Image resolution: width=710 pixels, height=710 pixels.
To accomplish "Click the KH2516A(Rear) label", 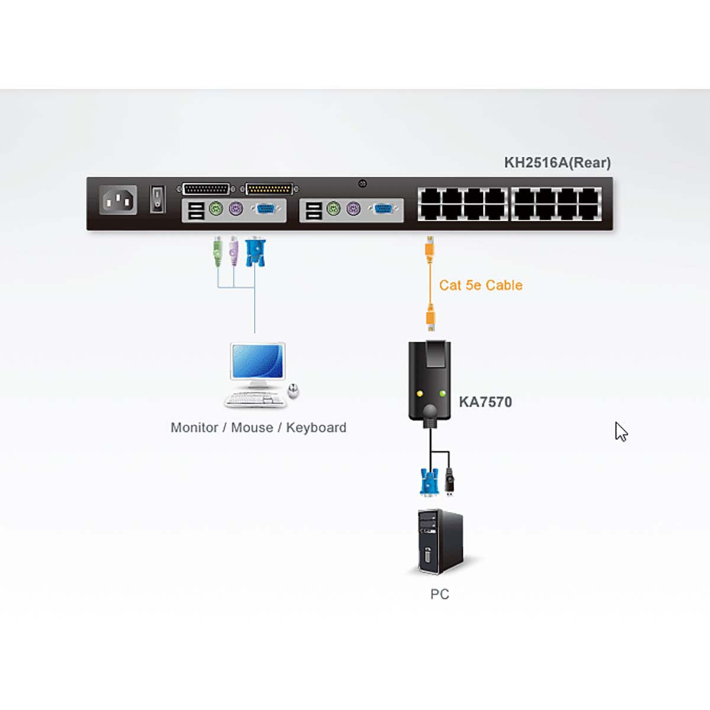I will click(x=557, y=163).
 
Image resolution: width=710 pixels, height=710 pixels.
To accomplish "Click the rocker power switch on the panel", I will click(x=157, y=199).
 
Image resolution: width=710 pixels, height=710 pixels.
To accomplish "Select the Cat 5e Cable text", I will click(x=480, y=285).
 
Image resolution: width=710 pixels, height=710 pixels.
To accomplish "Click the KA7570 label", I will click(x=485, y=402).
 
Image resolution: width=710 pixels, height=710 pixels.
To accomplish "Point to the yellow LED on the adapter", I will click(x=419, y=392).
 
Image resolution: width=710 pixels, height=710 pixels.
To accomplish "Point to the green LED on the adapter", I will click(x=442, y=392).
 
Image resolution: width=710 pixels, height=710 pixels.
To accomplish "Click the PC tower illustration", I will click(x=440, y=541).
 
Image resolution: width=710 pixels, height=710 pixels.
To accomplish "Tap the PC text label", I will click(x=440, y=594).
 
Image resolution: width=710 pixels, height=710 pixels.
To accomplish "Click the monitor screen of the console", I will click(x=257, y=361).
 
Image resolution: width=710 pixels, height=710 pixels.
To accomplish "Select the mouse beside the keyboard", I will click(x=293, y=390).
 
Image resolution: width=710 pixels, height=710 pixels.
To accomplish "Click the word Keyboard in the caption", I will click(x=316, y=428).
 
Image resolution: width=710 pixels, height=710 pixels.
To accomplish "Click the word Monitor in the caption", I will click(x=194, y=428).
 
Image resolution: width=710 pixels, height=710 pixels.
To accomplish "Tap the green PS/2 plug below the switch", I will click(x=218, y=251).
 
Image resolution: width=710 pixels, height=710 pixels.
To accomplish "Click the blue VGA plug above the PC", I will click(x=428, y=480).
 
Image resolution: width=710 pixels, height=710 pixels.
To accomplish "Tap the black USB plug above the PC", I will click(x=450, y=480).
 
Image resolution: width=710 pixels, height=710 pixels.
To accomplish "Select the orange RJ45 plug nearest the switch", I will click(x=430, y=247).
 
